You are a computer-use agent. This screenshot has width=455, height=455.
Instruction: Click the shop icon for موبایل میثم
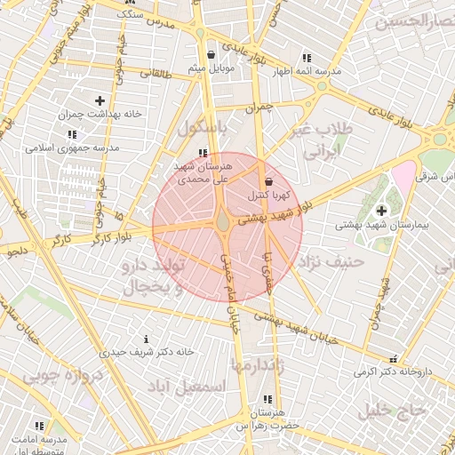(x=211, y=54)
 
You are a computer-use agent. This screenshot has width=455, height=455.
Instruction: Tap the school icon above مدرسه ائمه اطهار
(x=307, y=56)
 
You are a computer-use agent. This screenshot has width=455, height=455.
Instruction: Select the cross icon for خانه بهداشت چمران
(x=99, y=100)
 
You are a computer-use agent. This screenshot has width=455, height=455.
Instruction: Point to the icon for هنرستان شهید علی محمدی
(x=204, y=154)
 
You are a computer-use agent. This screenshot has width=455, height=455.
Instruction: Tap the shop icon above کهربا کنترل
(x=268, y=181)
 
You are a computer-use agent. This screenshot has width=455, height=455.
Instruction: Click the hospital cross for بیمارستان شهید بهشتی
(x=382, y=211)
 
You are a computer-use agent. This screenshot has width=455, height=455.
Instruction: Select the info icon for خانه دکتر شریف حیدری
(x=146, y=339)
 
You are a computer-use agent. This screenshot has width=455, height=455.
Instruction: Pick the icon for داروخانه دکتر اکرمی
(x=393, y=359)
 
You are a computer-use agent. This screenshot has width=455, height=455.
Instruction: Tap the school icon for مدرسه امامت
(x=38, y=427)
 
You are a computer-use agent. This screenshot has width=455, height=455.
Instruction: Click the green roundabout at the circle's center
(x=222, y=220)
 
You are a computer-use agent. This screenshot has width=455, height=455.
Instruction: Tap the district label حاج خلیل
(x=393, y=410)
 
